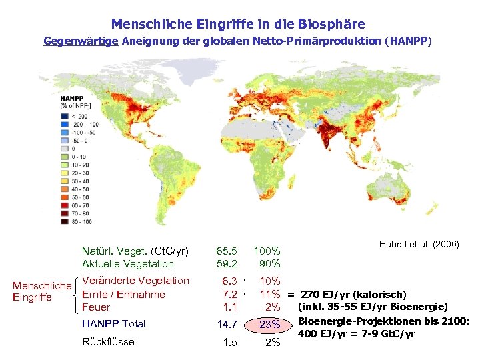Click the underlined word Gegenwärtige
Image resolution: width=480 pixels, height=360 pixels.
[81, 41]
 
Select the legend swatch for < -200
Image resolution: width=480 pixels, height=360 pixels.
[65, 115]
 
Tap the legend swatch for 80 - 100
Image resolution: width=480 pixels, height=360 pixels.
[65, 221]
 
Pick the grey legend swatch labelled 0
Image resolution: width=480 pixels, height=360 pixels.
[65, 148]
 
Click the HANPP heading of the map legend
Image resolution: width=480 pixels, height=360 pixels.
[72, 97]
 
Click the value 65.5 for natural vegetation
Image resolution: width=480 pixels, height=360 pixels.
[227, 251]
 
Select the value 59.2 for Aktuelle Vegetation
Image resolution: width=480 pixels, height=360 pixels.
[227, 264]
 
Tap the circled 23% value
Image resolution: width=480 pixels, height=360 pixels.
[269, 325]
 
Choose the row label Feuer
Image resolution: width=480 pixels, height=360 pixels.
[96, 307]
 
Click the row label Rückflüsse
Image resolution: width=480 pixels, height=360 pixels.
[108, 342]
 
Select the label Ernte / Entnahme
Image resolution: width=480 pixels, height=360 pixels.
[123, 294]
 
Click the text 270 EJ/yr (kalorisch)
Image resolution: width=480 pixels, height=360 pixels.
[353, 294]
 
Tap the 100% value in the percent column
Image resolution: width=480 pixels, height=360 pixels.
[267, 251]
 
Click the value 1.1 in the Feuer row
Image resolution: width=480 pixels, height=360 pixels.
[229, 307]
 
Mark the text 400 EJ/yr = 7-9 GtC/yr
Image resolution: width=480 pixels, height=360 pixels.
[357, 333]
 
